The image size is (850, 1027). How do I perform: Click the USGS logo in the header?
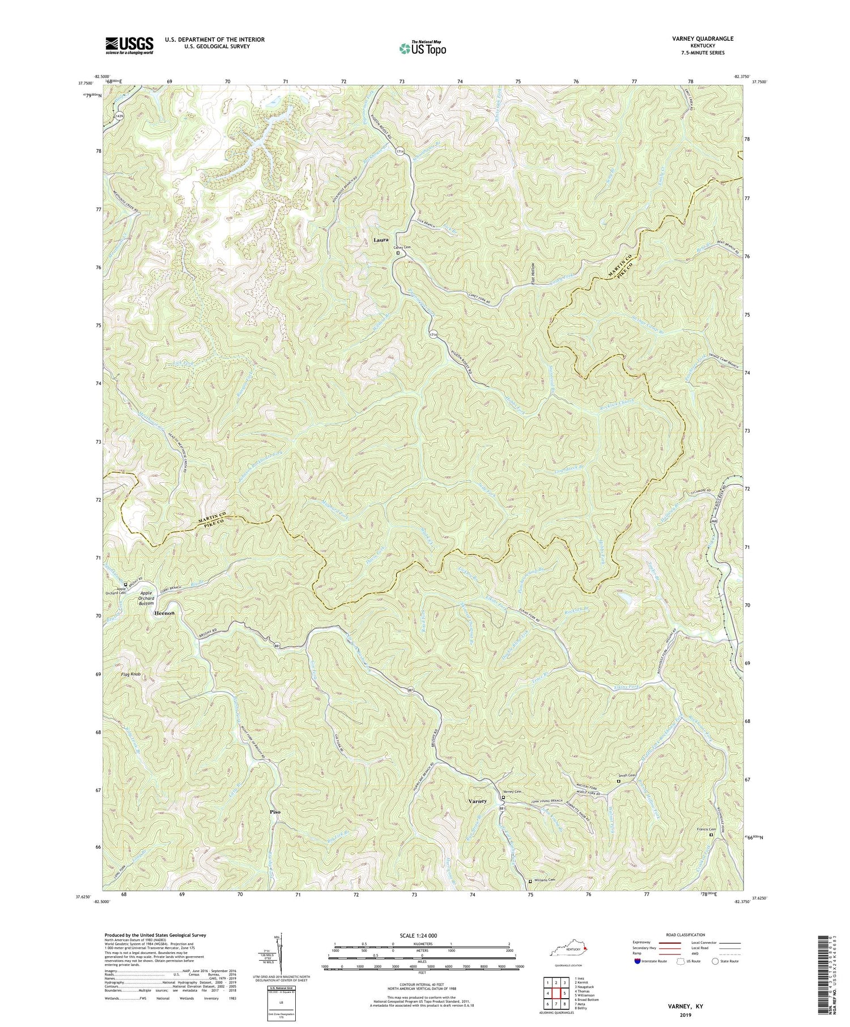[x=129, y=45]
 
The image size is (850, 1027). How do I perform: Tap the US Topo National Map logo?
[x=422, y=48]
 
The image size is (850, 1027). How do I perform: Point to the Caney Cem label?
[x=398, y=248]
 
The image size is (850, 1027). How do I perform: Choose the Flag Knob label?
[x=130, y=675]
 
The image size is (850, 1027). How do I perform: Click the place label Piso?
[x=275, y=812]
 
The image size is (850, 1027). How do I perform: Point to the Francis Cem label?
[x=705, y=829]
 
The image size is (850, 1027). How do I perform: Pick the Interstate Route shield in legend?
[x=637, y=961]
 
